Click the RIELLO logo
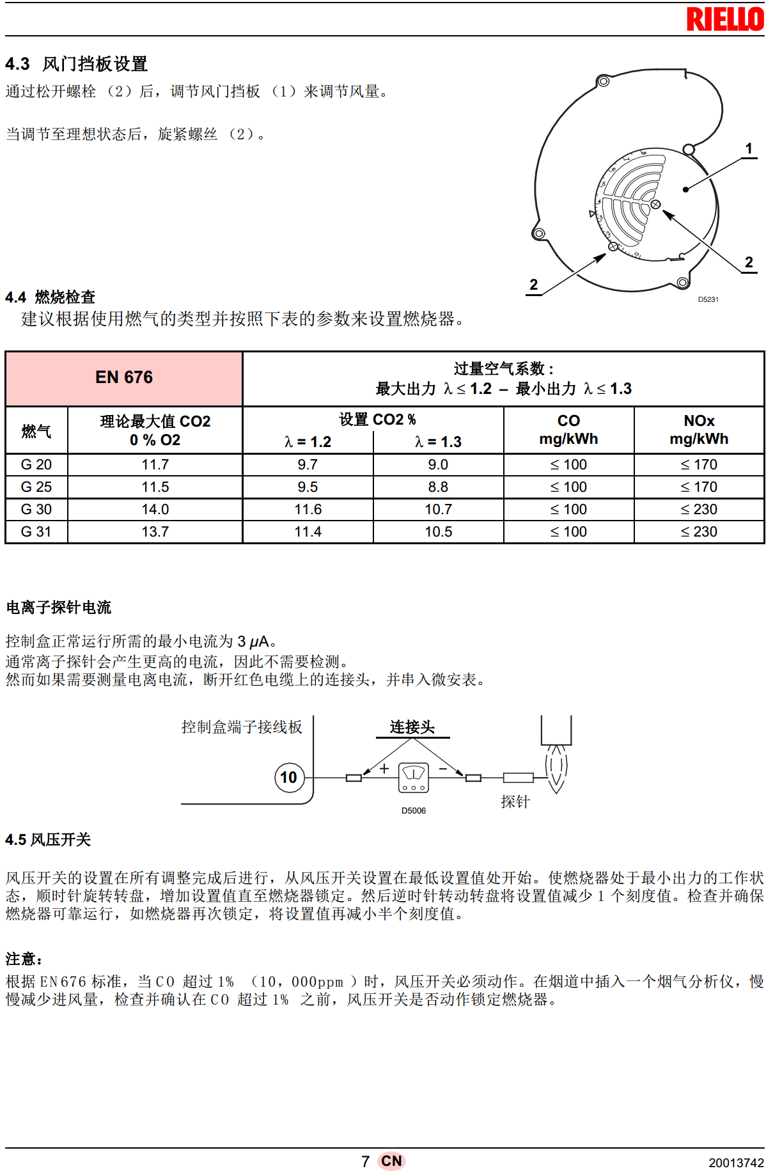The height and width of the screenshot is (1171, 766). point(724,19)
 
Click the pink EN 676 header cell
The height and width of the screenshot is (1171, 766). point(124,378)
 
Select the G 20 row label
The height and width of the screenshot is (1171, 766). point(36,465)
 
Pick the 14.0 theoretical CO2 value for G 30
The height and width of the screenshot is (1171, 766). point(155,510)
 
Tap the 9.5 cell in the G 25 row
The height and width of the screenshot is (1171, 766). point(308,487)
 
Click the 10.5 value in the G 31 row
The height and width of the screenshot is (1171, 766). point(439,532)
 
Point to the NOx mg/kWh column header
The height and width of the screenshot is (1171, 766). point(699,430)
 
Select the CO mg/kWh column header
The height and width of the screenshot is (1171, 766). point(568,430)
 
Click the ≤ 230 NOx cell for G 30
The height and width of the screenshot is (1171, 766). point(699,510)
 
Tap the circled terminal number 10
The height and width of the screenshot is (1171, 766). point(289,777)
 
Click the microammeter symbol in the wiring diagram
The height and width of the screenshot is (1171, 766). point(414,778)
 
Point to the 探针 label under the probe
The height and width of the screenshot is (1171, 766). point(515,802)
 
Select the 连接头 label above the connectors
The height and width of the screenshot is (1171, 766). point(412,727)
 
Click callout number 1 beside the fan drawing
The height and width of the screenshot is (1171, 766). point(749,149)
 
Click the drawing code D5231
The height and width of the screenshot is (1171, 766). point(708,299)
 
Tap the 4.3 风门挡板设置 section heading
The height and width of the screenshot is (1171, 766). point(77,64)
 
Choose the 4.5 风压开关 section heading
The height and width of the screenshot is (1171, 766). point(48,840)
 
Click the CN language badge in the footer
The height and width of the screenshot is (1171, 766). point(391,1161)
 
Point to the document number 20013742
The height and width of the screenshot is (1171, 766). point(736,1163)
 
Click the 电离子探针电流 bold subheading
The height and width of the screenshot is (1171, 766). point(59,608)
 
